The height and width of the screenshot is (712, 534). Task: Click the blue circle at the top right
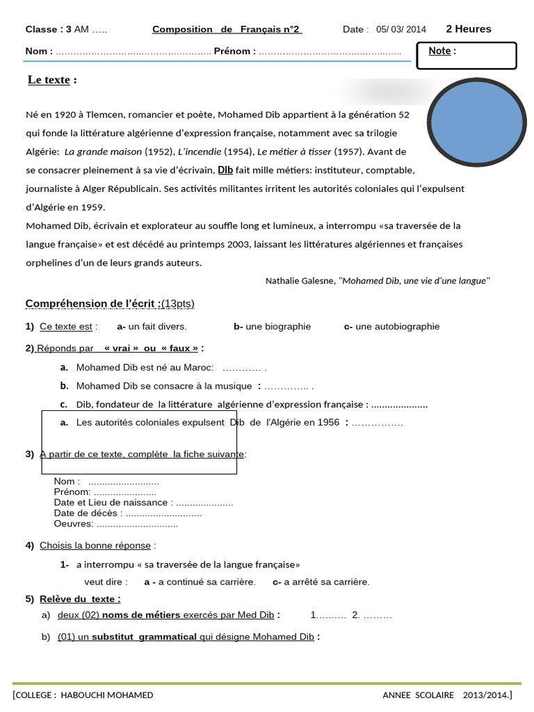tap(476, 122)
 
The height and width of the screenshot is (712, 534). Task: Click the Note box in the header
tap(466, 56)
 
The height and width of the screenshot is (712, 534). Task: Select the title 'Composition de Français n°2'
tap(227, 29)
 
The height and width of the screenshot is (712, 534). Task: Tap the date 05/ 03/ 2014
tap(401, 29)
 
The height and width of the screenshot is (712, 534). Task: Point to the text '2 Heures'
tap(468, 29)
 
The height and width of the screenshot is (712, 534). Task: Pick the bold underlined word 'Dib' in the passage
tap(225, 170)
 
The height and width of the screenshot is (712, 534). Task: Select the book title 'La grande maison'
tap(103, 152)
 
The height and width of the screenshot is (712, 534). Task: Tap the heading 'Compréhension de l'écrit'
tap(93, 304)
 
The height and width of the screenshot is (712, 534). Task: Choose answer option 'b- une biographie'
tap(272, 327)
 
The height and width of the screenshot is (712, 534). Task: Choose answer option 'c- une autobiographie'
tap(391, 327)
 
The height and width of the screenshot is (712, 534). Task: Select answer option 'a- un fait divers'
tap(152, 327)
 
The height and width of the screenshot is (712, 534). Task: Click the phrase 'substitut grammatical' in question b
tap(144, 637)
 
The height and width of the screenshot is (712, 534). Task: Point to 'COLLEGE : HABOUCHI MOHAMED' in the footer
tap(83, 695)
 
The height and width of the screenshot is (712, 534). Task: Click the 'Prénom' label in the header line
tap(234, 51)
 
